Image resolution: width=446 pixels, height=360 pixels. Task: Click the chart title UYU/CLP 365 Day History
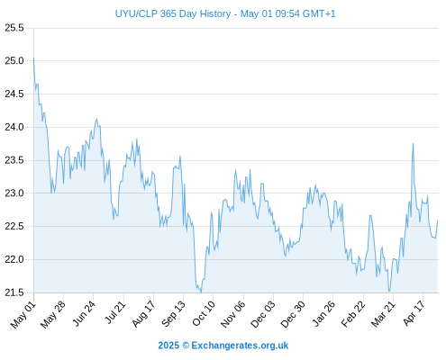(173, 13)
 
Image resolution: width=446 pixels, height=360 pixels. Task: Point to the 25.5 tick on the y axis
(14, 28)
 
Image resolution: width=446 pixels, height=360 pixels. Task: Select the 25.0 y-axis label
(14, 61)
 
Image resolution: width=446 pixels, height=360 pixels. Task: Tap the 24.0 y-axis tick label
(14, 127)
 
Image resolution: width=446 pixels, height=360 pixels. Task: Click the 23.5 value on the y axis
(14, 160)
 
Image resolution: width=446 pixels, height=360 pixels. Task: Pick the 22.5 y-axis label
(14, 226)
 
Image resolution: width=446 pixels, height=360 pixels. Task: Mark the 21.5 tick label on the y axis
(14, 292)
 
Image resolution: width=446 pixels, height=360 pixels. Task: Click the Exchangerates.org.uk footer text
(240, 346)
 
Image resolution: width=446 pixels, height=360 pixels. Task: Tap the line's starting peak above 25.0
(33, 58)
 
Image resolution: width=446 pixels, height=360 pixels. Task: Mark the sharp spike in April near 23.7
(413, 144)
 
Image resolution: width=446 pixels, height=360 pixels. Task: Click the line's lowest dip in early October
(201, 292)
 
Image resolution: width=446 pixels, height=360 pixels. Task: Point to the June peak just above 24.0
(96, 119)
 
